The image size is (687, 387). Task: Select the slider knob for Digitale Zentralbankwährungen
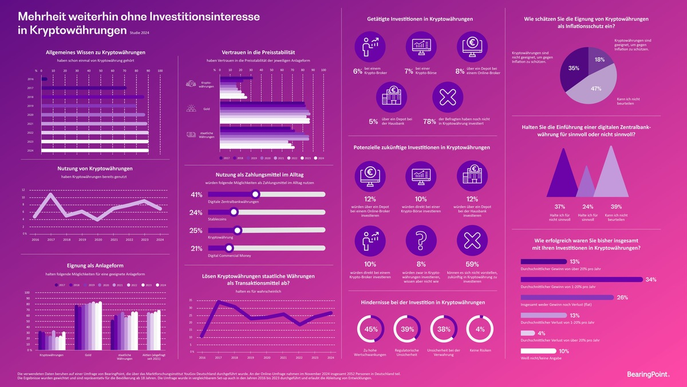coord(256,194)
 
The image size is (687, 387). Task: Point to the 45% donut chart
coord(371,329)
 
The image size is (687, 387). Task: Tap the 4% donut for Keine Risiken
coord(480,329)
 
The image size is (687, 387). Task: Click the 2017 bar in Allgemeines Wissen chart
coord(84,88)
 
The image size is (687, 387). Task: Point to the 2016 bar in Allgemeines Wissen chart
coord(44,79)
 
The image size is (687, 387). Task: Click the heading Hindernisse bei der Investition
coord(423,302)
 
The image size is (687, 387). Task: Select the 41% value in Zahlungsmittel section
coord(196,194)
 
